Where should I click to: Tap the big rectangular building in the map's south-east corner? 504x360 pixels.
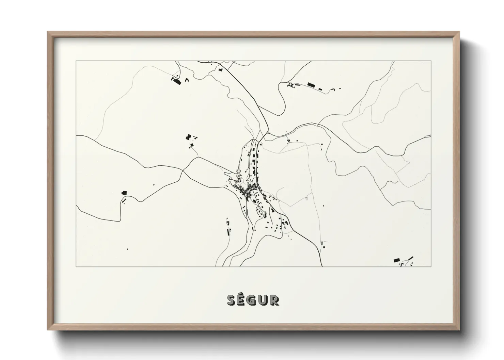point(396,260)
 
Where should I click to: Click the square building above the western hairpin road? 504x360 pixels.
point(124,193)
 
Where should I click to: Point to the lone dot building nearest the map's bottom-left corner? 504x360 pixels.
point(127,249)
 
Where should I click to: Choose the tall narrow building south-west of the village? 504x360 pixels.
point(228,232)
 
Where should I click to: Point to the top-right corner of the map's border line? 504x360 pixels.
point(431,61)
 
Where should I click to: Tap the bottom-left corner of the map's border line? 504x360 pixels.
point(76,267)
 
